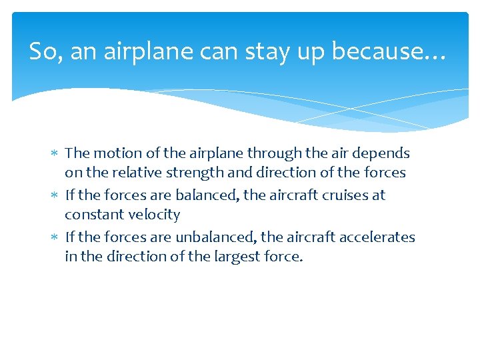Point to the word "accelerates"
(377, 237)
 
